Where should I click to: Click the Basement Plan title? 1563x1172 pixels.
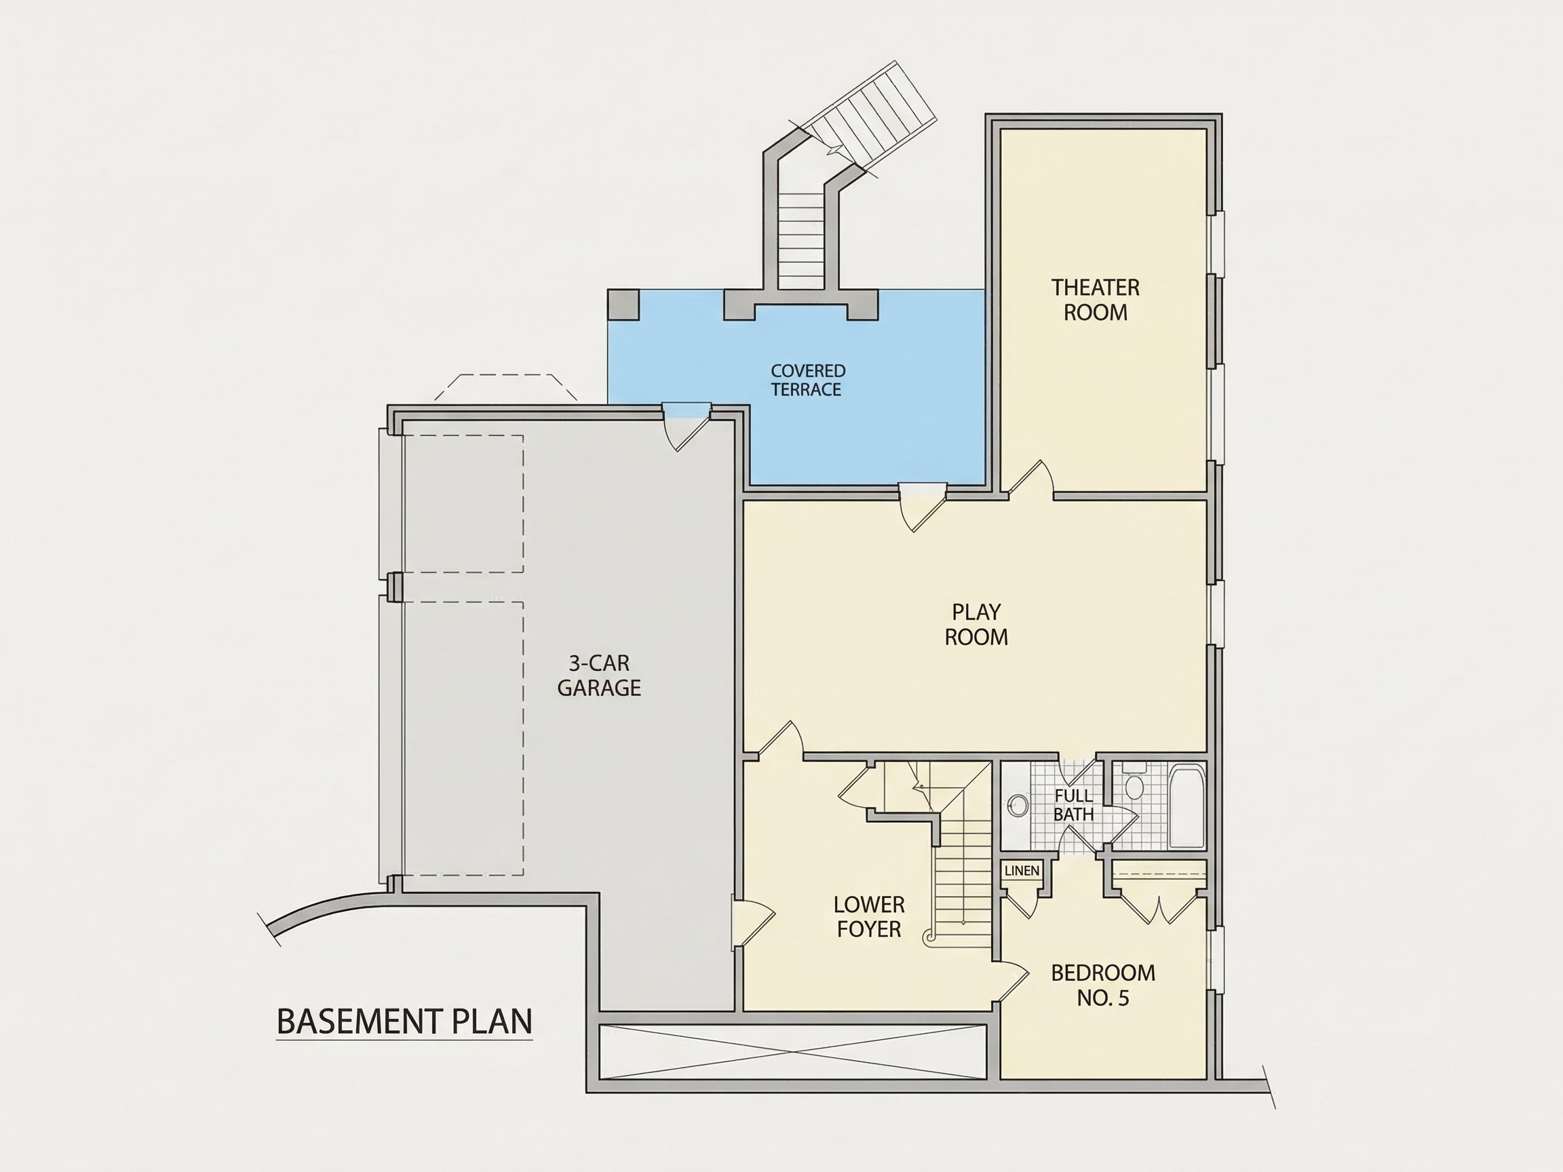click(x=404, y=1021)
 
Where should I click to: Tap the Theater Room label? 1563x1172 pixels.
click(x=1095, y=300)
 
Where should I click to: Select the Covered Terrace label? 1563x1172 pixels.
click(x=808, y=380)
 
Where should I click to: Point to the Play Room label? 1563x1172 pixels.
click(x=976, y=625)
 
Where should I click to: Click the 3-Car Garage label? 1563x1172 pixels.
click(x=599, y=676)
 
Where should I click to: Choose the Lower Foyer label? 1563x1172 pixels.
click(x=868, y=916)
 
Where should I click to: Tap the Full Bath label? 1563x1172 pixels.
click(x=1073, y=804)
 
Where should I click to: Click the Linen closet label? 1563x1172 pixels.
click(x=1022, y=870)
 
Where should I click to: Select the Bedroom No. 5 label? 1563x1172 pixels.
click(x=1103, y=985)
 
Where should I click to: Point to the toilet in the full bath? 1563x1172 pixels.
click(x=1134, y=781)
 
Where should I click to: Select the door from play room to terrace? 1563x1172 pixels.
click(x=922, y=507)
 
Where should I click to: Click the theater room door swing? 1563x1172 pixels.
click(x=1031, y=480)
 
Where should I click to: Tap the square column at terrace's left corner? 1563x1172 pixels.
click(x=623, y=305)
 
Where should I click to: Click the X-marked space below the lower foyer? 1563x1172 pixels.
click(x=792, y=1052)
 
